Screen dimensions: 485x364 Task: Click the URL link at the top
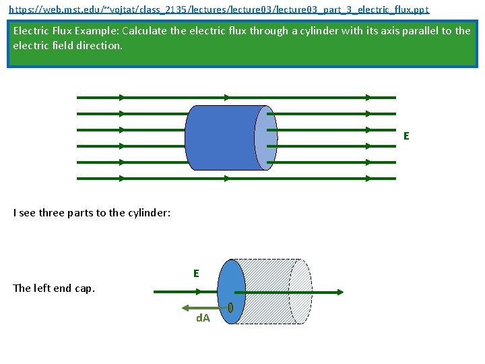[x=218, y=10]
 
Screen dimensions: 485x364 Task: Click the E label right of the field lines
[x=406, y=136]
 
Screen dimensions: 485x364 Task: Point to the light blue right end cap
[x=265, y=138]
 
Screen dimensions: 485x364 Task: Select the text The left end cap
[x=54, y=289]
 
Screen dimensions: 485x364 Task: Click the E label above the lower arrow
[x=196, y=274]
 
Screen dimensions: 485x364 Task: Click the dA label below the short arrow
[x=203, y=317]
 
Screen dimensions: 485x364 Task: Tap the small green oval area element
[x=230, y=307]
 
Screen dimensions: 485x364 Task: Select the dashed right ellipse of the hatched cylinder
[x=300, y=291]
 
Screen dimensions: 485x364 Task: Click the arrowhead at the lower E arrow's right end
[x=339, y=291]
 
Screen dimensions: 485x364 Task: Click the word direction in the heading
[x=99, y=46]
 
